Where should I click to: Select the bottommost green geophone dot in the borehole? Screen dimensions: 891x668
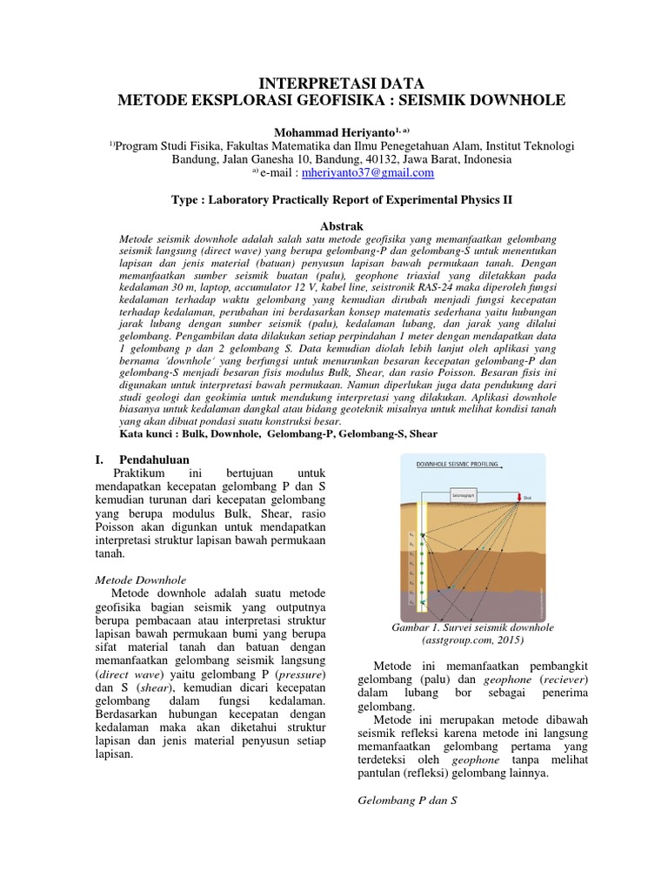(x=424, y=600)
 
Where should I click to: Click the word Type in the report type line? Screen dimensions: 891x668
(x=189, y=199)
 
